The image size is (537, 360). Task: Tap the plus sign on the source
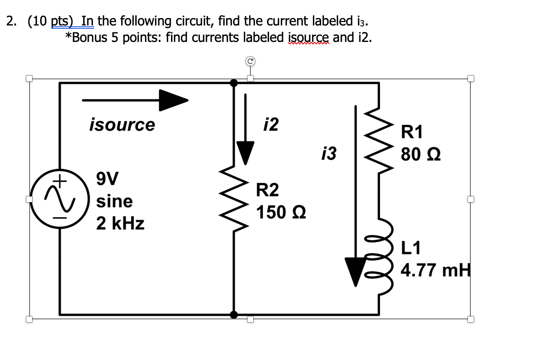tap(60, 180)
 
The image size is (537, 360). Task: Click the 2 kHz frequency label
tap(120, 224)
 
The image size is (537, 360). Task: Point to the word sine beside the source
tap(114, 201)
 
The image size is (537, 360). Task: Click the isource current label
tap(122, 125)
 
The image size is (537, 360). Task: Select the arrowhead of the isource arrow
tap(173, 100)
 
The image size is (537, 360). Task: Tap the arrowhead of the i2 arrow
tap(245, 153)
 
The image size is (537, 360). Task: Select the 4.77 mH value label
tap(435, 271)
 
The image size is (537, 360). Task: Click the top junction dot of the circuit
tap(234, 83)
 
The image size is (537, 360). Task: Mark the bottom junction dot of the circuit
tap(234, 315)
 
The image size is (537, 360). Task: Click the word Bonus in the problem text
tap(93, 37)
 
